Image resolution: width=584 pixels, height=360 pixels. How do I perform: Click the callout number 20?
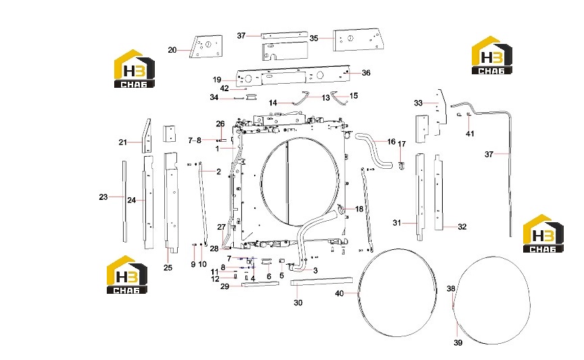(x=172, y=50)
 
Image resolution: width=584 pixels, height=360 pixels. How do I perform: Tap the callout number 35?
(x=314, y=38)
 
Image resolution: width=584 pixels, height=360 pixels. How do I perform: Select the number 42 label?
(x=224, y=88)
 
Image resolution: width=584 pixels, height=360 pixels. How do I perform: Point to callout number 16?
(x=391, y=141)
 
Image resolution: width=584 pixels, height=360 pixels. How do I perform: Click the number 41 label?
(x=470, y=133)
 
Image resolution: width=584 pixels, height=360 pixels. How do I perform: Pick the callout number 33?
(x=418, y=103)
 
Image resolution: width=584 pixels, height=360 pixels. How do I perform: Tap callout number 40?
(x=339, y=293)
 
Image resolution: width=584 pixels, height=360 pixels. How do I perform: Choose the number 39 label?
(x=458, y=342)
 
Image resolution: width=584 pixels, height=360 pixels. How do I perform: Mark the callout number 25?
(x=168, y=267)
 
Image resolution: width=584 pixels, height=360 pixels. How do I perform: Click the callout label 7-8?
(x=195, y=140)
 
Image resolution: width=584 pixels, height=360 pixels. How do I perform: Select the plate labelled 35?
(x=357, y=39)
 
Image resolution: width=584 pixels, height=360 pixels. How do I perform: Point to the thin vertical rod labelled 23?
(x=125, y=201)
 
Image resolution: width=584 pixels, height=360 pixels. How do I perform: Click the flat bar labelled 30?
(x=322, y=281)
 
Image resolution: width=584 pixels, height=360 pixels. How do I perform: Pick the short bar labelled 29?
(x=260, y=284)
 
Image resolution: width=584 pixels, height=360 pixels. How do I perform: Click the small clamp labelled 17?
(x=401, y=165)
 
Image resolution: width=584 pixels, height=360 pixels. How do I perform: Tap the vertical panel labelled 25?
(x=171, y=202)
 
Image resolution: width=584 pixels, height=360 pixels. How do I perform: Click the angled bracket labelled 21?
(x=147, y=136)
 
